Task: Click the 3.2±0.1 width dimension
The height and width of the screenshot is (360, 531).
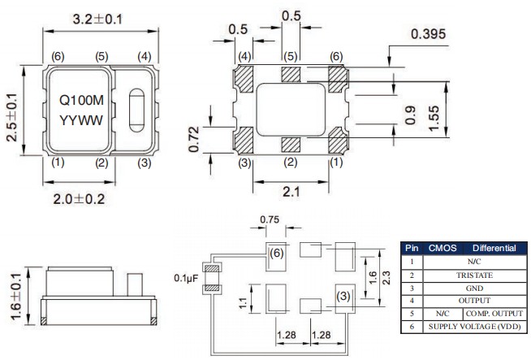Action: [x=97, y=18]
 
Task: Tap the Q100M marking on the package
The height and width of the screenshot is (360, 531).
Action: [x=80, y=102]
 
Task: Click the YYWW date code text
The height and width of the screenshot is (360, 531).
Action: [x=80, y=121]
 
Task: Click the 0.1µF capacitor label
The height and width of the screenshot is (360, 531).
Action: [x=185, y=279]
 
